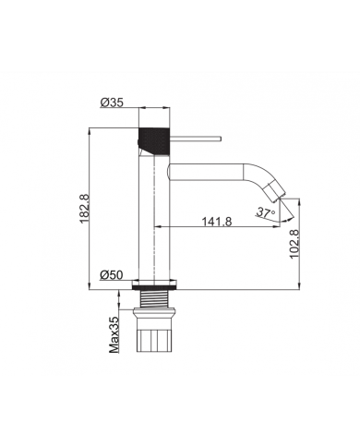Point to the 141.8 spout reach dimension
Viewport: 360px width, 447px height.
tap(214, 222)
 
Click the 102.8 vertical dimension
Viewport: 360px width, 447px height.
tap(294, 248)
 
